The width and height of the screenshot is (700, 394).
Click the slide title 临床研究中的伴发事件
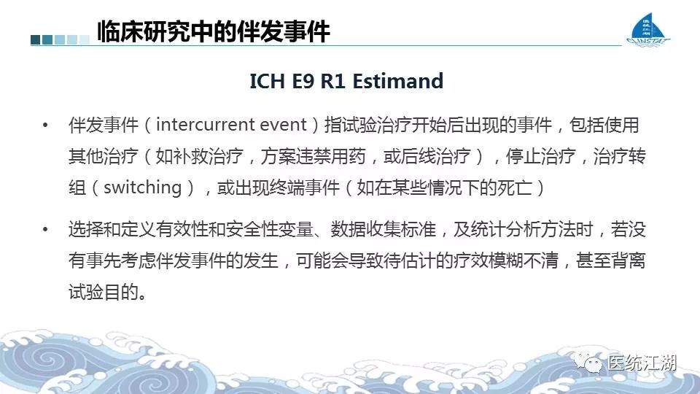point(214,31)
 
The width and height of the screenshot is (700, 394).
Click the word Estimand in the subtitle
point(398,81)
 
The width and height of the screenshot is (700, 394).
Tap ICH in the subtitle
point(267,81)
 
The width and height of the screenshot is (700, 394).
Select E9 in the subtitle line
point(303,81)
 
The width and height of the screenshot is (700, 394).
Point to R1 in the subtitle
point(333,81)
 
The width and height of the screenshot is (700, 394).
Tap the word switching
point(142,188)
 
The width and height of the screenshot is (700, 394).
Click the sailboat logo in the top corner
point(648,29)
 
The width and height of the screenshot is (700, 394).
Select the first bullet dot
point(45,125)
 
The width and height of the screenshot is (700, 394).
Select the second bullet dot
point(45,230)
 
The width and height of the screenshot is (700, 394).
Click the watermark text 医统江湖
point(642,363)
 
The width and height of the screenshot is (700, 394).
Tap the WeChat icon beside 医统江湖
point(588,363)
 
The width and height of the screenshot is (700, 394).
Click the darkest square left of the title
point(36,39)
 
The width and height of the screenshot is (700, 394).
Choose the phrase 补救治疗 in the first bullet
point(208,156)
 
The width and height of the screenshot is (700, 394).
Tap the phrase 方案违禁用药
point(313,156)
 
